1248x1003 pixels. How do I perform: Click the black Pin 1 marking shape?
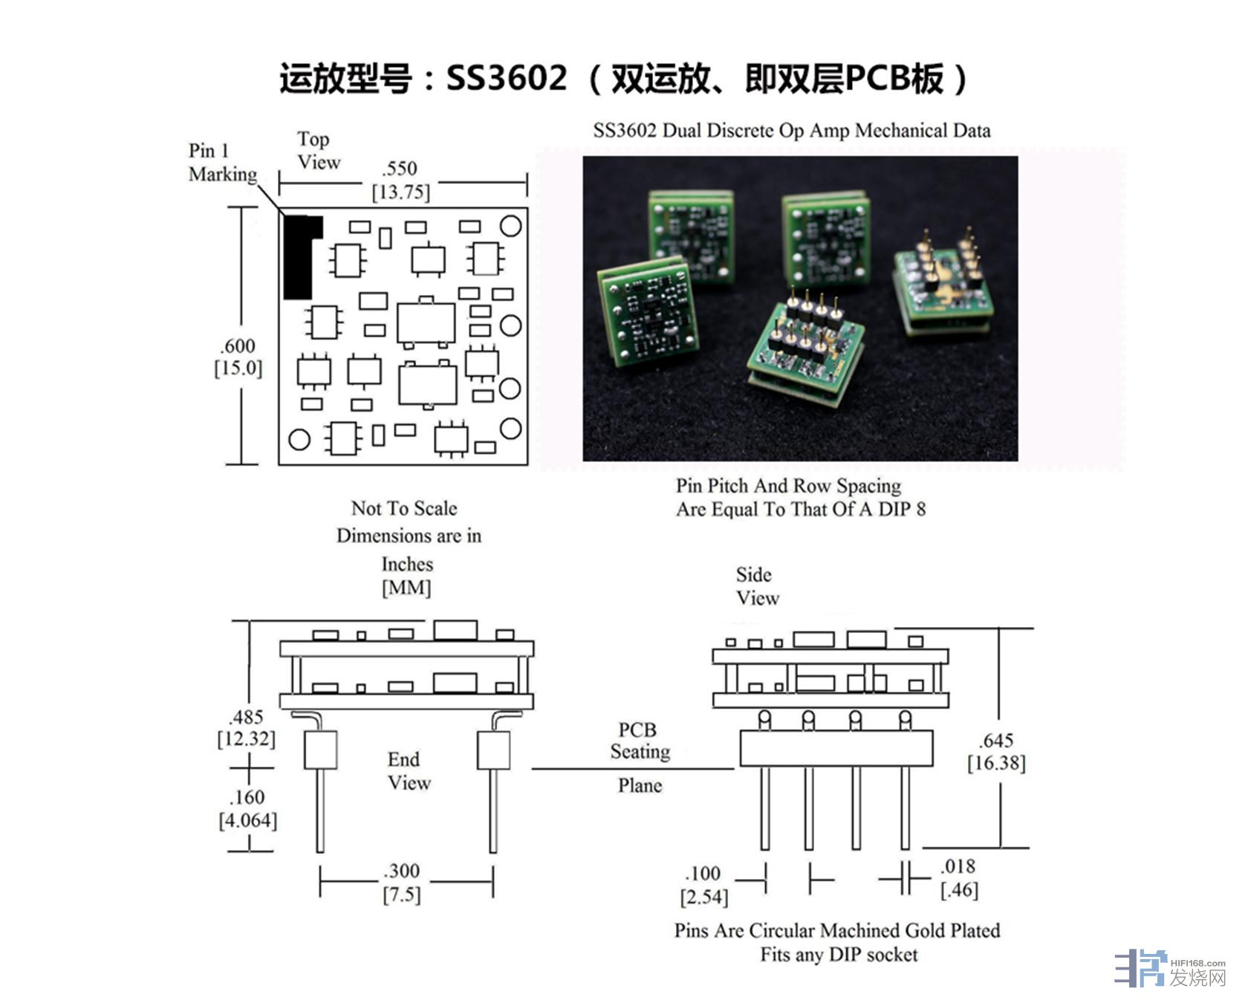click(298, 257)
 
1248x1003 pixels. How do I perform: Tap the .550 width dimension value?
click(400, 169)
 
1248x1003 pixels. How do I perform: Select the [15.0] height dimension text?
click(238, 369)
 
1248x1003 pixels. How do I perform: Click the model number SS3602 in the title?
click(507, 78)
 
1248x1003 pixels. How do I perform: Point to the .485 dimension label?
click(246, 717)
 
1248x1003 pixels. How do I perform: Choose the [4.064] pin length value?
click(248, 821)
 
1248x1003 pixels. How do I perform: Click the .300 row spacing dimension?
click(402, 871)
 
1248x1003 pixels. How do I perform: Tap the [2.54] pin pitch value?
click(703, 897)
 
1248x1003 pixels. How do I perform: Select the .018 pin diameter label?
click(958, 866)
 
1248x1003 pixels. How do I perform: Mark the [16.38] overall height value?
click(996, 764)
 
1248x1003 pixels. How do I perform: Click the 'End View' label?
click(407, 771)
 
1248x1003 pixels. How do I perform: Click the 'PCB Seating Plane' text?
click(639, 758)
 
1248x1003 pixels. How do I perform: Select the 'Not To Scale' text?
click(404, 509)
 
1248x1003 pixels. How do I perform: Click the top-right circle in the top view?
click(511, 226)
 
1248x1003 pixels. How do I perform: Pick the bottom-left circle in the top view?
click(299, 440)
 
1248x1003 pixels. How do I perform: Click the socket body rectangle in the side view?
click(836, 748)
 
